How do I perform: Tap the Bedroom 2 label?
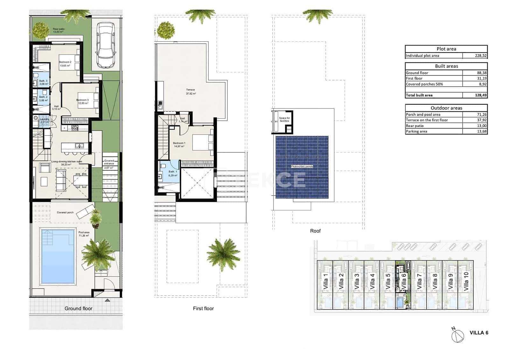(65, 62)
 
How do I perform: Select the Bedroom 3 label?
(82, 100)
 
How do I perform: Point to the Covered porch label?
(65, 212)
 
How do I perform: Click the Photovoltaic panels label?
(302, 166)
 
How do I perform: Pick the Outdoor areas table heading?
(446, 108)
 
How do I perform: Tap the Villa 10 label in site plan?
(466, 281)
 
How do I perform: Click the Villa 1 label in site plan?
(325, 281)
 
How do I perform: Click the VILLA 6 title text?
(479, 333)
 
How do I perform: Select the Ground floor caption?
(78, 308)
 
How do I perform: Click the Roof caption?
(315, 231)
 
